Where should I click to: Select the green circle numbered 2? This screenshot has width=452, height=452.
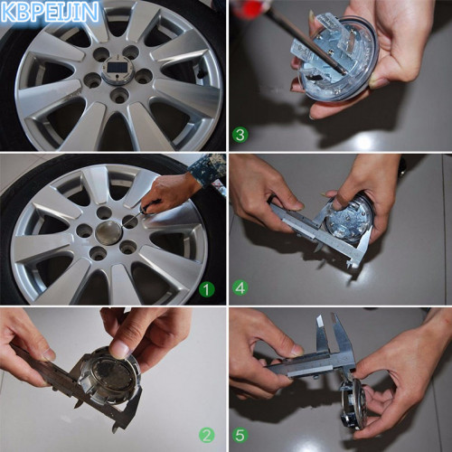[206, 436]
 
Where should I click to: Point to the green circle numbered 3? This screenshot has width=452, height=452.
[240, 135]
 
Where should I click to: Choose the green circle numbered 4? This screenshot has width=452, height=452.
[240, 288]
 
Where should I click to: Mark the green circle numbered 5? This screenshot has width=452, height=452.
[240, 436]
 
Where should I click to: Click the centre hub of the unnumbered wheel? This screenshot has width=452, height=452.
[118, 71]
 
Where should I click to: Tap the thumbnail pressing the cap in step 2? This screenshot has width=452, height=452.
[118, 349]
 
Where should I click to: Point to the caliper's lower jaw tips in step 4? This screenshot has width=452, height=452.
[353, 262]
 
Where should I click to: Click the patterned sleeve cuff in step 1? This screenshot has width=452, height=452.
[210, 170]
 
